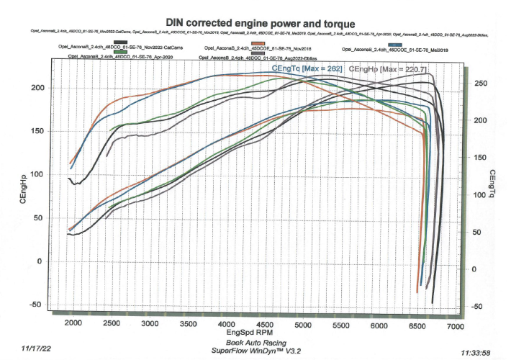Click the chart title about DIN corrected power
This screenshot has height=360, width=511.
click(x=256, y=22)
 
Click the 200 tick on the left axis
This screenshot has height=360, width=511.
click(x=35, y=88)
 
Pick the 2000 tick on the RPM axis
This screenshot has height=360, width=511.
click(x=73, y=325)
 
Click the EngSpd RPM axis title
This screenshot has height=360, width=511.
click(x=263, y=335)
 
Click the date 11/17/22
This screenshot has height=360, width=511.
click(x=36, y=346)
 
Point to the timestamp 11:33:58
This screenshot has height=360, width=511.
click(x=476, y=353)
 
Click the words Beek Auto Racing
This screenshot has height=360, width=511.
click(x=264, y=344)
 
